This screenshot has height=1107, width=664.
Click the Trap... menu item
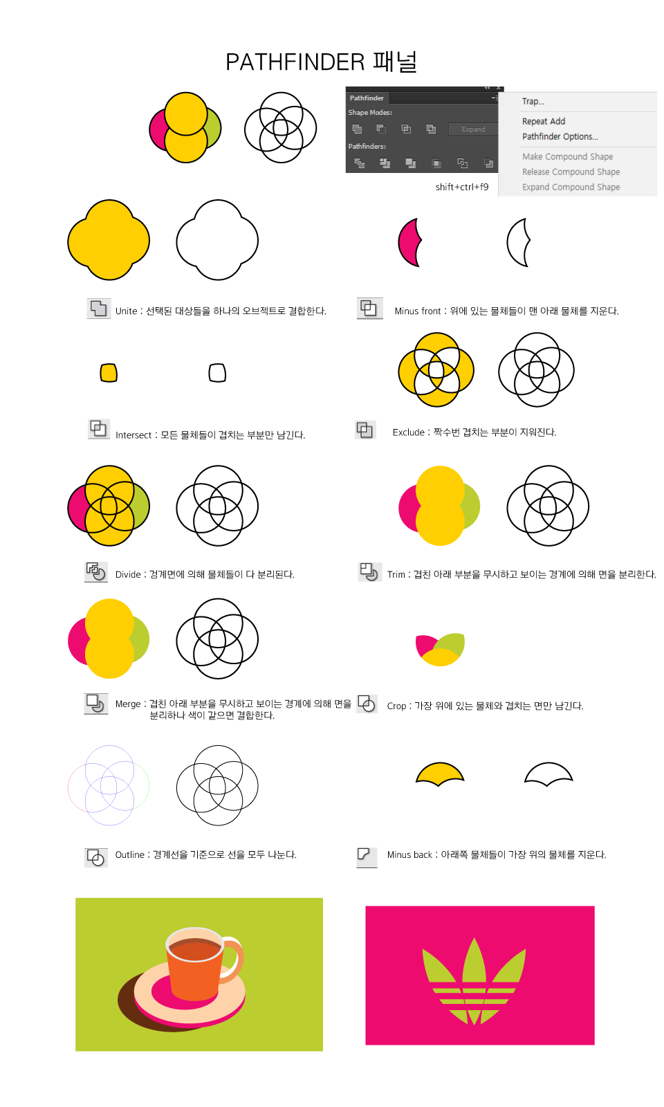(533, 102)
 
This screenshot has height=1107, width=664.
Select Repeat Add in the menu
(544, 121)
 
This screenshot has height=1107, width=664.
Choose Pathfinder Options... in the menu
(560, 137)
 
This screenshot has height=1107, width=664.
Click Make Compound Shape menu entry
(567, 157)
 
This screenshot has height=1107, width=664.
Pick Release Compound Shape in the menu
(571, 172)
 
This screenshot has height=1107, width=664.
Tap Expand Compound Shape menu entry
(571, 187)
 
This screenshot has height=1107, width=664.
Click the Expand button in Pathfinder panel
(473, 129)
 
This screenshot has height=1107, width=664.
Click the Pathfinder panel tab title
(367, 98)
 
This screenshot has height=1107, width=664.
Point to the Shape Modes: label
(370, 113)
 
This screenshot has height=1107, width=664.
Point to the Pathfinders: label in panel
(367, 147)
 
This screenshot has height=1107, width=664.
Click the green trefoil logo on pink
(474, 982)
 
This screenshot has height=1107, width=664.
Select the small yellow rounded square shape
(109, 373)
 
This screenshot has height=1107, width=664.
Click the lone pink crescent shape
(408, 243)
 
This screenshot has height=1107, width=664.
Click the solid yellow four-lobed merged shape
(109, 241)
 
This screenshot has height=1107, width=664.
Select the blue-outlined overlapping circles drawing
(109, 785)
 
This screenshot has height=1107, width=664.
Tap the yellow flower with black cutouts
(436, 370)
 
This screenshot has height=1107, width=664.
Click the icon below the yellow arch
(367, 857)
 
